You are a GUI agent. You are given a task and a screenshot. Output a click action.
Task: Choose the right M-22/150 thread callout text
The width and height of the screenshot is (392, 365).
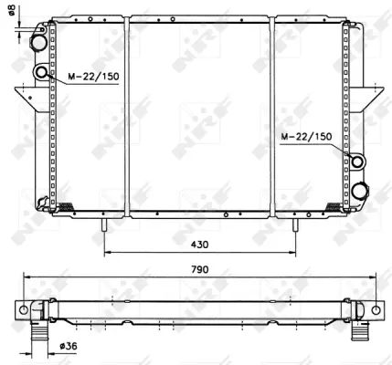pyautogui.click(x=307, y=136)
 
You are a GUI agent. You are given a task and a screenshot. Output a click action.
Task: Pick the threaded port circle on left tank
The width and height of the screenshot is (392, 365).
pyautogui.click(x=44, y=74)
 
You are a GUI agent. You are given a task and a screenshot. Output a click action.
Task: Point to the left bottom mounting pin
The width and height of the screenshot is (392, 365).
pyautogui.click(x=107, y=223)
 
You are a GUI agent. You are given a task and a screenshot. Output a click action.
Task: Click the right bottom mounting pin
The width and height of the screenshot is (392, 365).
pyautogui.click(x=295, y=223)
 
